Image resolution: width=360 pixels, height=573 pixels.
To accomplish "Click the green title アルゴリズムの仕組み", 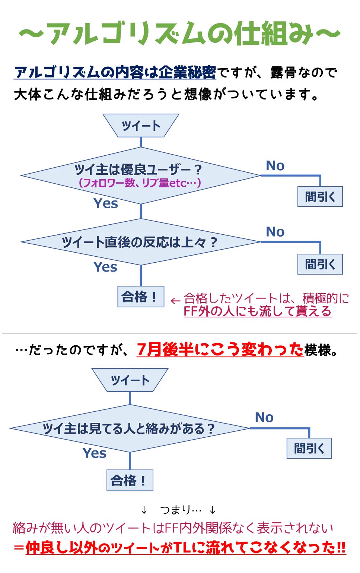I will (180, 34).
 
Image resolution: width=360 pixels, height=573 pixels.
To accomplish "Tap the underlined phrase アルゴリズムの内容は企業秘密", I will (115, 72).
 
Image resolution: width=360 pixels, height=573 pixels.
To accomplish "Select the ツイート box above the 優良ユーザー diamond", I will (141, 126).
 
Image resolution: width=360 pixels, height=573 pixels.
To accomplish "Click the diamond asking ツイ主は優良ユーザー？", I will (140, 175).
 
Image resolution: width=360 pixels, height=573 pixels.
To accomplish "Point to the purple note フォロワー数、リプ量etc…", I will (140, 183).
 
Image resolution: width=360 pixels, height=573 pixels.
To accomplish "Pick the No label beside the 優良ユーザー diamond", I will (275, 166).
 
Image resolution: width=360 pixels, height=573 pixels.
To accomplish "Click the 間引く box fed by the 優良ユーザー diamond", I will (320, 196).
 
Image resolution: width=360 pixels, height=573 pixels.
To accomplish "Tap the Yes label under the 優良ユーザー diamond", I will (106, 203).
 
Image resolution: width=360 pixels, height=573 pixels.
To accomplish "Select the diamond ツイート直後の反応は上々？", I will (140, 242).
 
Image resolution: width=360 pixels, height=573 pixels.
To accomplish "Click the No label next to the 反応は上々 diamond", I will (275, 232).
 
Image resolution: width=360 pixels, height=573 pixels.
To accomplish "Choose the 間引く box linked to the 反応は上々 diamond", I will (320, 264).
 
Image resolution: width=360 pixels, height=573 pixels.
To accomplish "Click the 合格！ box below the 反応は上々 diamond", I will (141, 297).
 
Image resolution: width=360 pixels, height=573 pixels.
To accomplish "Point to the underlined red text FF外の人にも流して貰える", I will (257, 311).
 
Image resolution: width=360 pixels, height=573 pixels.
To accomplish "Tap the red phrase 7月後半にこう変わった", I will (220, 349).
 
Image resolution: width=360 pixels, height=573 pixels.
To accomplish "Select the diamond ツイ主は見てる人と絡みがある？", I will (130, 428).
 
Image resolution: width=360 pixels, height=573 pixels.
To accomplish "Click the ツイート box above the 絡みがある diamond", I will (130, 380).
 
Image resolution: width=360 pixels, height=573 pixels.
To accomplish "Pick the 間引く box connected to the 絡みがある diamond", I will (309, 448).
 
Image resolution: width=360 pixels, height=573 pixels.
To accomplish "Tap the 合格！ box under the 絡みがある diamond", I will (130, 480).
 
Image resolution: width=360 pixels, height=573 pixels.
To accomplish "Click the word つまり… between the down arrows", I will (181, 509).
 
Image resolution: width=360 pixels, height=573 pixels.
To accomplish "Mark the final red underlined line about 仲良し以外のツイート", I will (185, 547).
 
